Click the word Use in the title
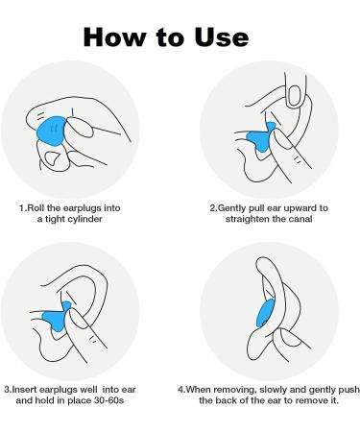(x=221, y=37)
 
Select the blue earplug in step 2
(x=260, y=137)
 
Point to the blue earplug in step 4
(x=266, y=313)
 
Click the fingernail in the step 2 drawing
(x=294, y=95)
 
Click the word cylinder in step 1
(x=85, y=220)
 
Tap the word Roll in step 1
(x=35, y=208)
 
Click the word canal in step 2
(x=300, y=219)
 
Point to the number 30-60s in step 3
(x=108, y=400)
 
